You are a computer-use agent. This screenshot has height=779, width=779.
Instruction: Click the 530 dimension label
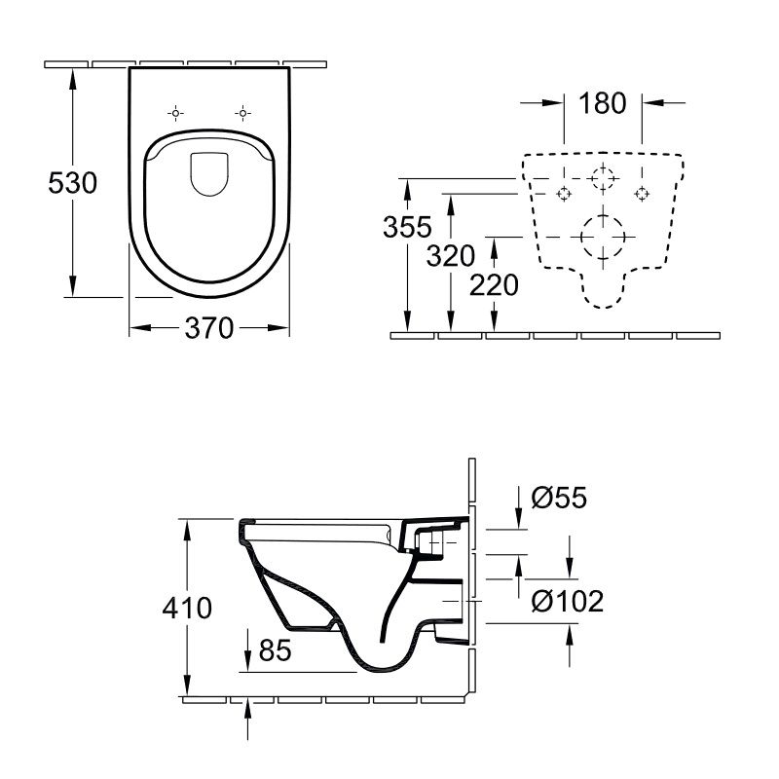point(72,183)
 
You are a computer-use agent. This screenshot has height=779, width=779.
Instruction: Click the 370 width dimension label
point(209,328)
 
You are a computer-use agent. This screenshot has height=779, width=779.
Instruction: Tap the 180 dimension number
point(603,103)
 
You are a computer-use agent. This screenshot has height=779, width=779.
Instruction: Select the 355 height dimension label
point(407,228)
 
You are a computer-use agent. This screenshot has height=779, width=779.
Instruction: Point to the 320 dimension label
point(451,256)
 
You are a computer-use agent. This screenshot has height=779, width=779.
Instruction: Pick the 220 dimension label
point(494,285)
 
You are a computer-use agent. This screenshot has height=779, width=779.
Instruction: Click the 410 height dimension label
point(187,608)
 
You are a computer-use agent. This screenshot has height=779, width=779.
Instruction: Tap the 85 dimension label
point(276,649)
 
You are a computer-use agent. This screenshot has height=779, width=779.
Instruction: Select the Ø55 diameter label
point(559,498)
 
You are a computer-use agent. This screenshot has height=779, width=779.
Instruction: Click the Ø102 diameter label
point(568,601)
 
